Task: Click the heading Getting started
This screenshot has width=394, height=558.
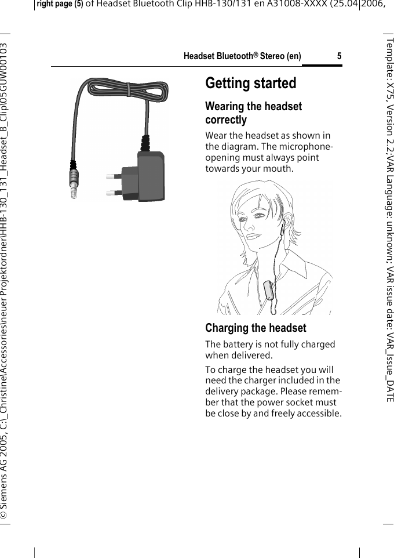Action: tap(250, 84)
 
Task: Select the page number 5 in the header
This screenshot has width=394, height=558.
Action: tap(339, 56)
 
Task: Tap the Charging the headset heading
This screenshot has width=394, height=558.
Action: tap(256, 328)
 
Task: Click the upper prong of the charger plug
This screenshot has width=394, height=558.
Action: tap(114, 175)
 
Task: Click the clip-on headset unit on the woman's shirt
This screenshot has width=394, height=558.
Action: tap(268, 288)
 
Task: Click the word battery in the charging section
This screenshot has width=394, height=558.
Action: tap(242, 345)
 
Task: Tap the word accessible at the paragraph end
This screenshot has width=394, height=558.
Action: tap(317, 414)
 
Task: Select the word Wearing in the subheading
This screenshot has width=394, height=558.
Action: tap(224, 107)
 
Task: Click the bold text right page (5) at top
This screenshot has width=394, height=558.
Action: tap(60, 5)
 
